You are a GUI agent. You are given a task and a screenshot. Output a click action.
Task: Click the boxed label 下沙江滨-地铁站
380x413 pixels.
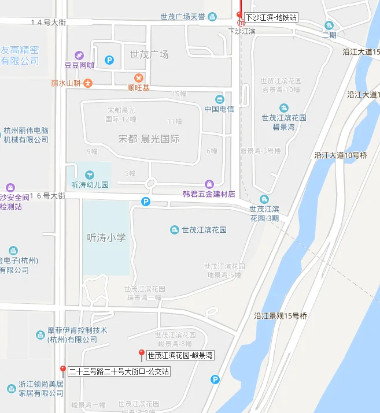[271, 17]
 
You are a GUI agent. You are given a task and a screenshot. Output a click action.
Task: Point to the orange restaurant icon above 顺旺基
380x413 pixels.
[138, 78]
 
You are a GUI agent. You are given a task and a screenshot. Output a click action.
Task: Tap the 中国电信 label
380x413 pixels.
[219, 109]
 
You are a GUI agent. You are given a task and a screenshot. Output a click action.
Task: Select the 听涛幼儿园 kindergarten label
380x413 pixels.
[90, 185]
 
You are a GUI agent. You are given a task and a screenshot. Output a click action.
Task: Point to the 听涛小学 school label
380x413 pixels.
[106, 237]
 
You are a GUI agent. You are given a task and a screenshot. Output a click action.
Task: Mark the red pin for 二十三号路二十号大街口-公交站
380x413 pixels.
[62, 369]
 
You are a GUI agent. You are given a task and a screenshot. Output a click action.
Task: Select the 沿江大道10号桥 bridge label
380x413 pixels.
[341, 155]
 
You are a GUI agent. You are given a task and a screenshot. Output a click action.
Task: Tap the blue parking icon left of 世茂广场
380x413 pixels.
[109, 59]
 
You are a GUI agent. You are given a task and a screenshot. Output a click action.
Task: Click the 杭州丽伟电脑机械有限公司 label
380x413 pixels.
[26, 135]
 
